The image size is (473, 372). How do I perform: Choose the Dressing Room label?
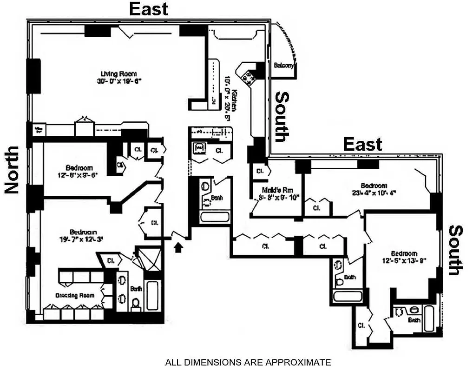pos(75,295)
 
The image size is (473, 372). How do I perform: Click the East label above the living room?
pos(148,9)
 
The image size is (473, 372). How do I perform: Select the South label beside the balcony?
pos(282,116)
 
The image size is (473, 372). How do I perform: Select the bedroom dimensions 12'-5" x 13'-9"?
pos(404,260)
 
